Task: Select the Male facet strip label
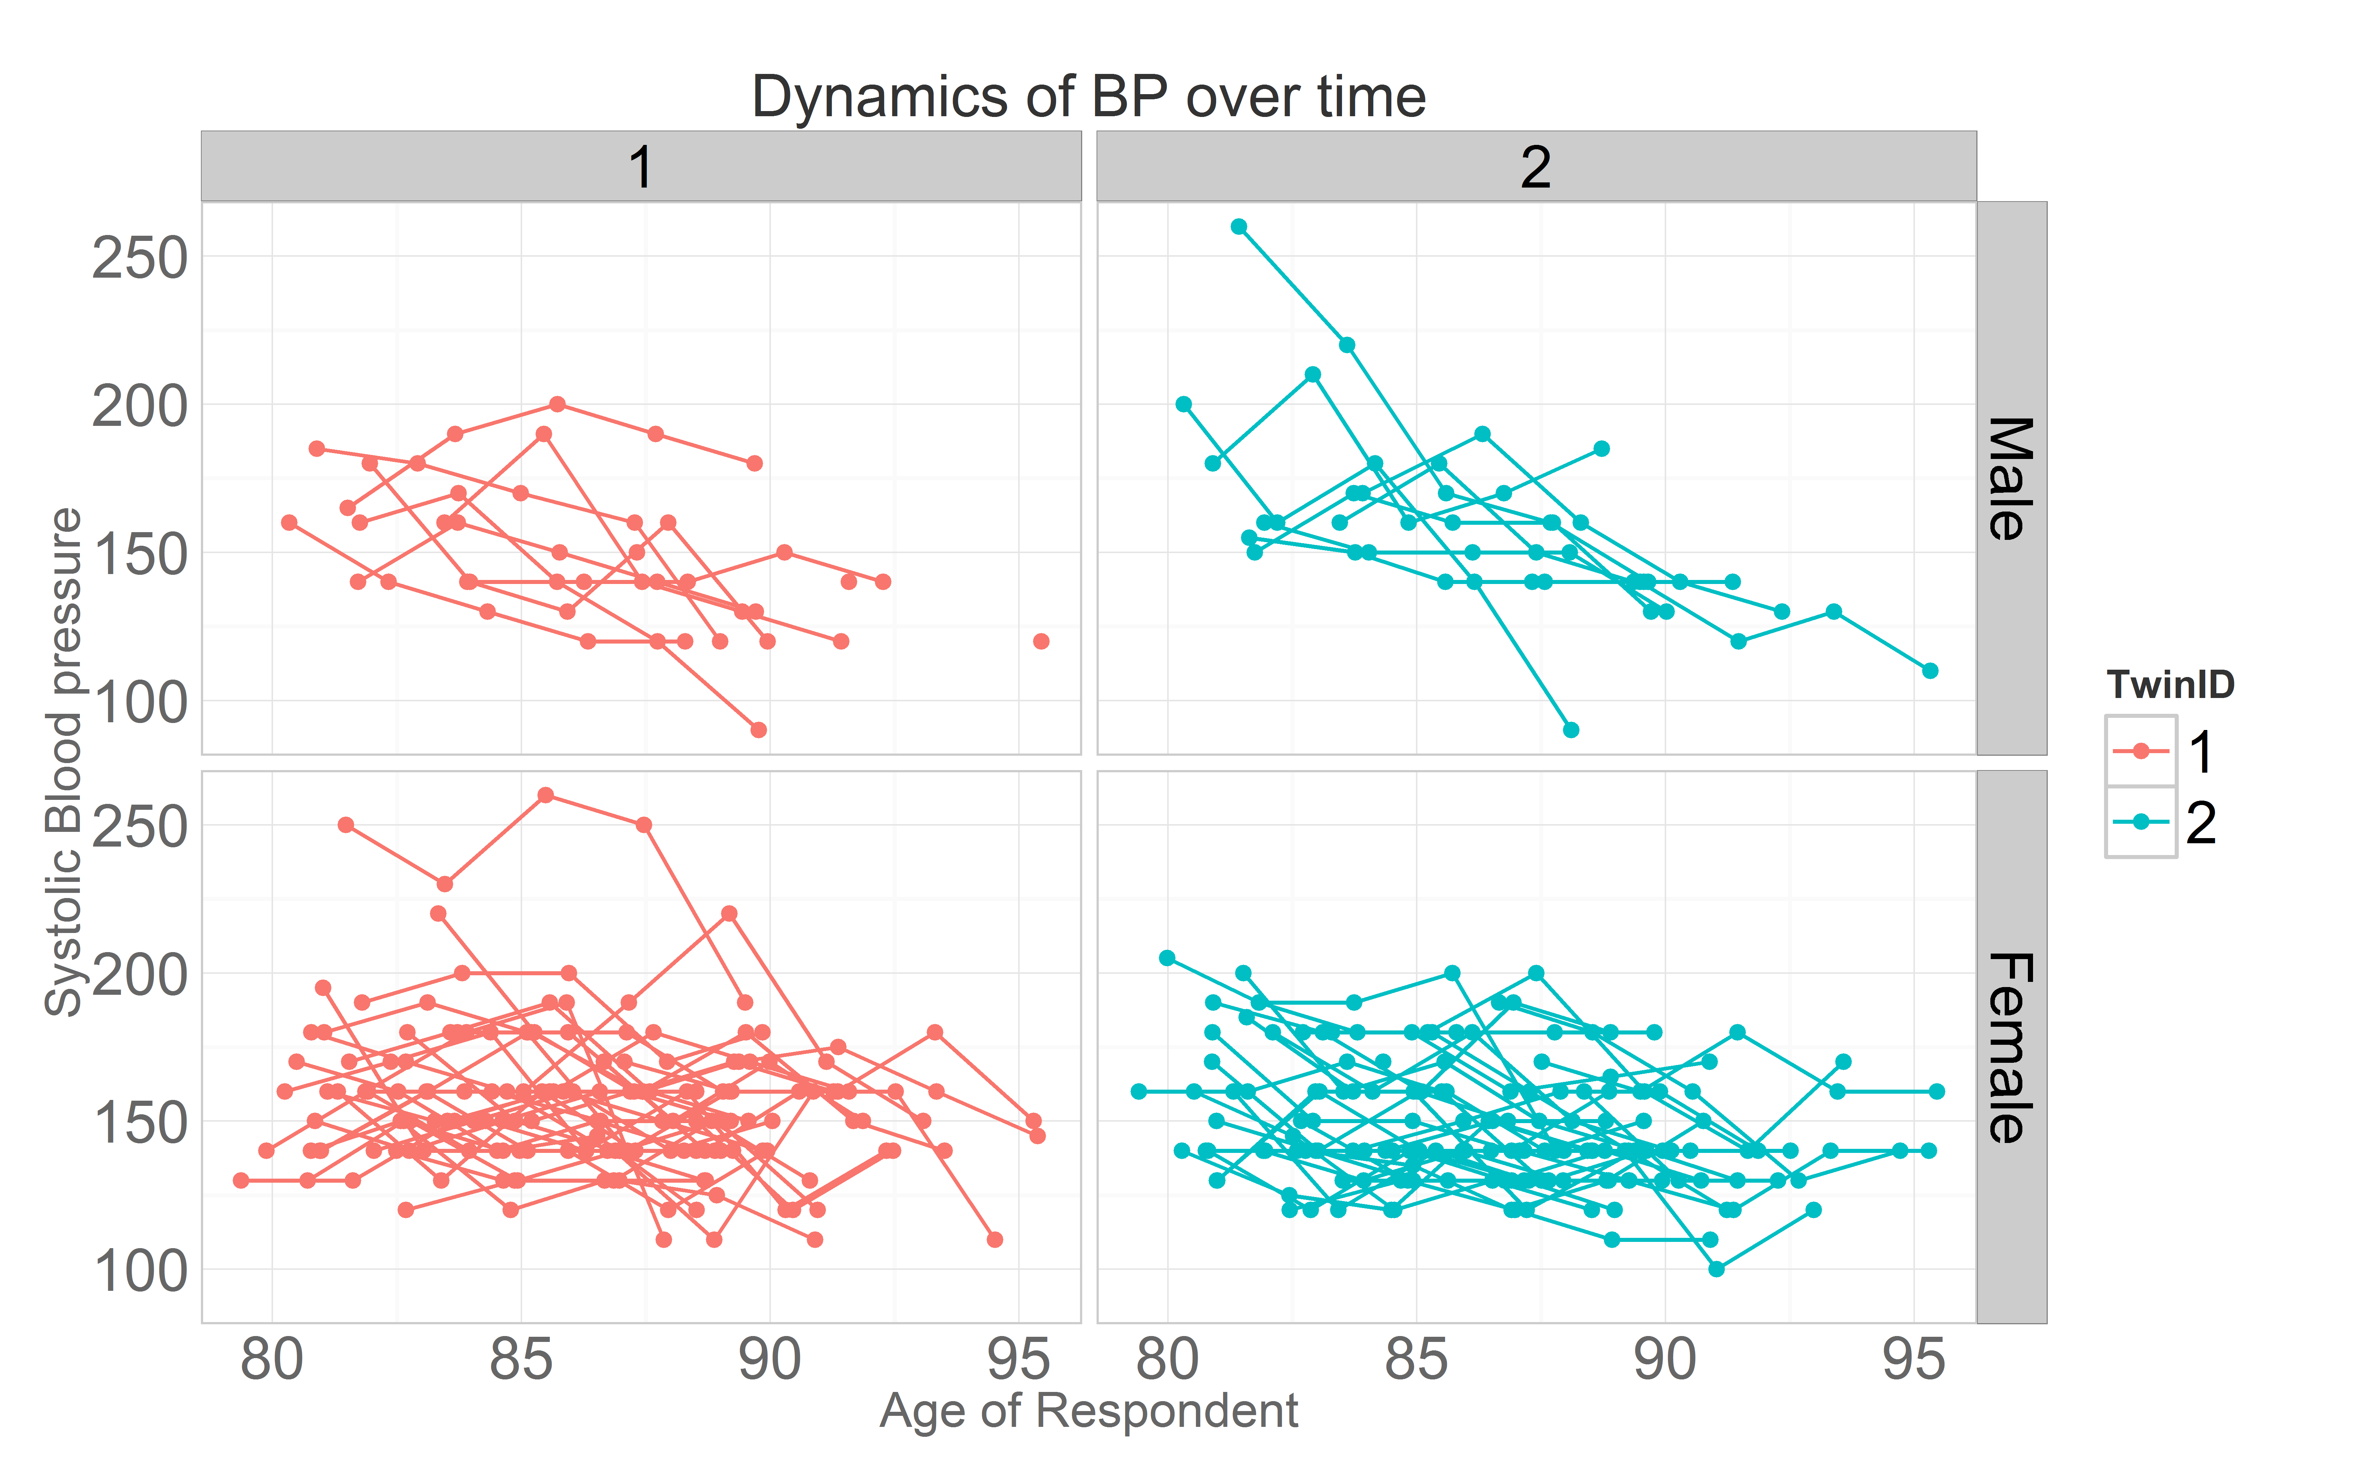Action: (2011, 478)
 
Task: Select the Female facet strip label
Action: (2011, 1047)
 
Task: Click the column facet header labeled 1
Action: (640, 167)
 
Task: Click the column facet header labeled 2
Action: (1536, 167)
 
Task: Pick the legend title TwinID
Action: (2170, 685)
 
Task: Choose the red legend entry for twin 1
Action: (2141, 751)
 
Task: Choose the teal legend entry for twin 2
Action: (2141, 822)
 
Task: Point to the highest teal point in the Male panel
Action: (1239, 227)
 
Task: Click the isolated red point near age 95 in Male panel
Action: (1040, 641)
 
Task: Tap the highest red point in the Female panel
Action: (546, 795)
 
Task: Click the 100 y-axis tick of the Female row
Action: (139, 1271)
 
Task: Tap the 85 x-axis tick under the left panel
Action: (521, 1360)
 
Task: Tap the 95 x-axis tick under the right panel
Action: (1913, 1360)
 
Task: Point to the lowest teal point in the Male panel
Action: (1570, 730)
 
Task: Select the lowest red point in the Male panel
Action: (759, 730)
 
